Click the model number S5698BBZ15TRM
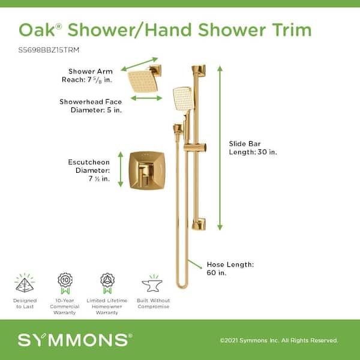click(x=49, y=50)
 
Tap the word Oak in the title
click(x=37, y=30)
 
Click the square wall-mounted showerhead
click(x=143, y=81)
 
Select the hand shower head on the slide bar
click(x=183, y=98)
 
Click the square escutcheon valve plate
click(x=147, y=170)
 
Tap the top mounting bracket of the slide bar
click(x=199, y=70)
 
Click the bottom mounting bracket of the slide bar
click(x=199, y=223)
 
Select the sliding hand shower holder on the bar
click(x=195, y=148)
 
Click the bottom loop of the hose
click(x=182, y=284)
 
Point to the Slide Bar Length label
click(x=253, y=148)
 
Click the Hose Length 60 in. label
click(x=230, y=268)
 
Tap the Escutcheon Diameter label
click(x=89, y=170)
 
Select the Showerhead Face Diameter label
click(x=91, y=106)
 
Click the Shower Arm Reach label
click(x=88, y=76)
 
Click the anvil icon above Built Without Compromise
click(x=152, y=283)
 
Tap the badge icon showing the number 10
click(x=65, y=283)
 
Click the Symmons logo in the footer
click(x=75, y=340)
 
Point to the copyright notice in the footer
click(x=279, y=340)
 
